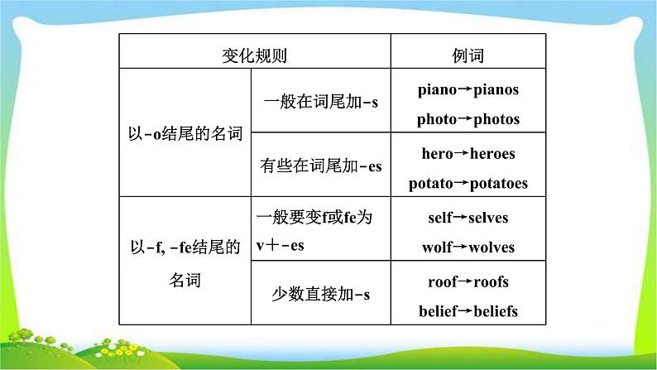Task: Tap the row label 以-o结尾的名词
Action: point(185,133)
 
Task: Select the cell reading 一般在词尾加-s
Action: point(320,103)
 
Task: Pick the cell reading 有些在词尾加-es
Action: point(320,166)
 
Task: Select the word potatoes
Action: point(498,184)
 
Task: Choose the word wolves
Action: point(491,247)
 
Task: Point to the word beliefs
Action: point(494,311)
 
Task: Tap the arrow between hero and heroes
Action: point(462,153)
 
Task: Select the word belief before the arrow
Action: point(436,311)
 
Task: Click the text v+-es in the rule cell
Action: point(280,245)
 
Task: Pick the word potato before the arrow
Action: point(431,184)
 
